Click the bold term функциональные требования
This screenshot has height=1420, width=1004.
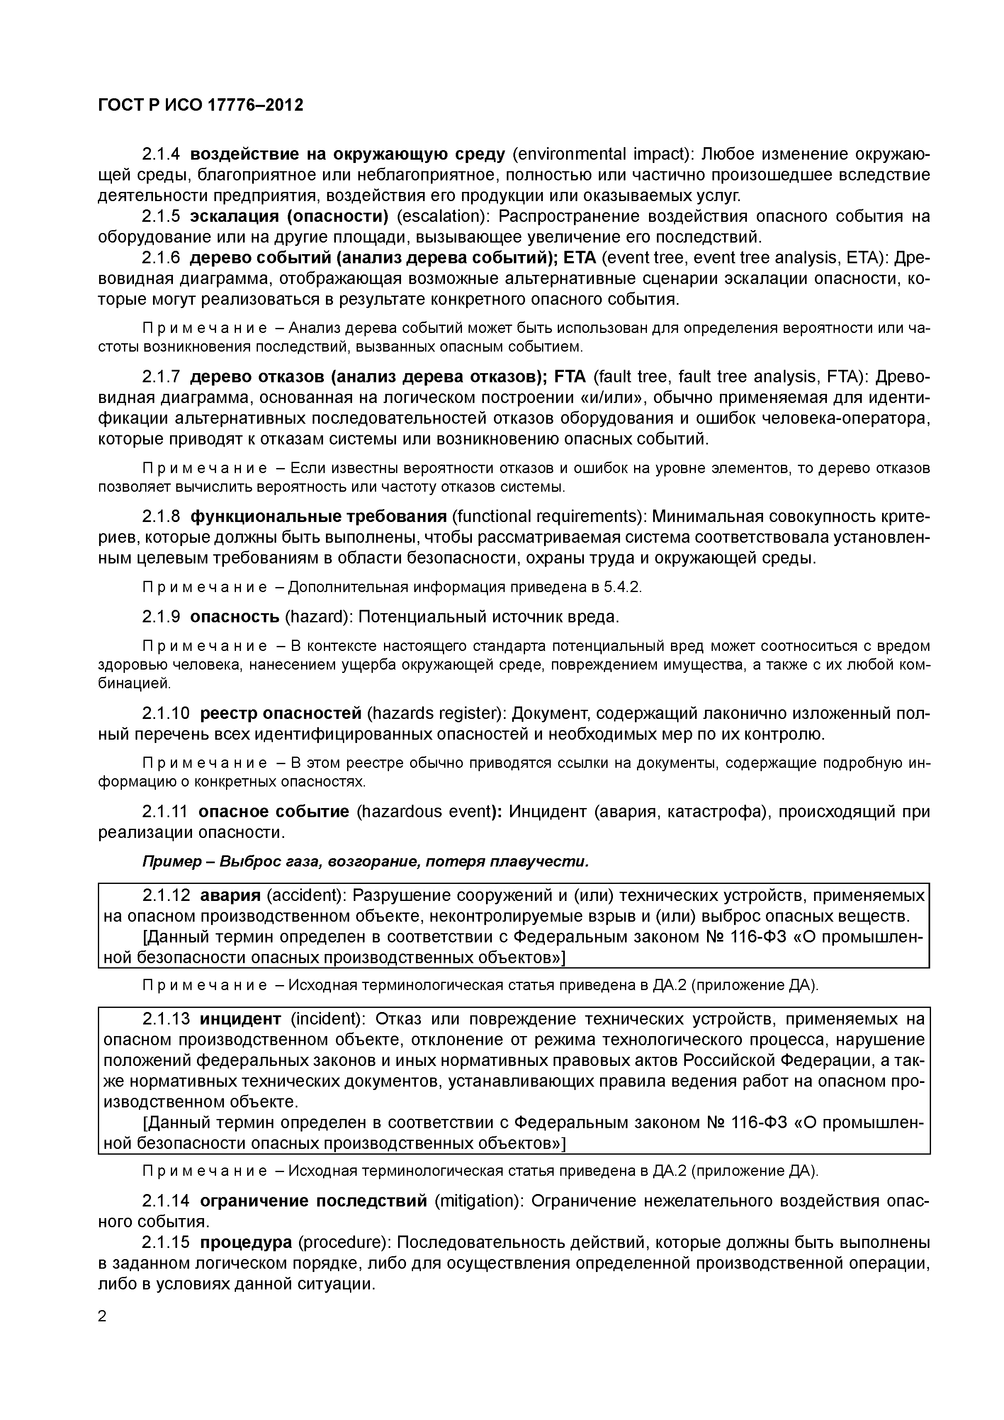[x=318, y=517]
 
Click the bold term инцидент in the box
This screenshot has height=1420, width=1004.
[x=240, y=1019]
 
